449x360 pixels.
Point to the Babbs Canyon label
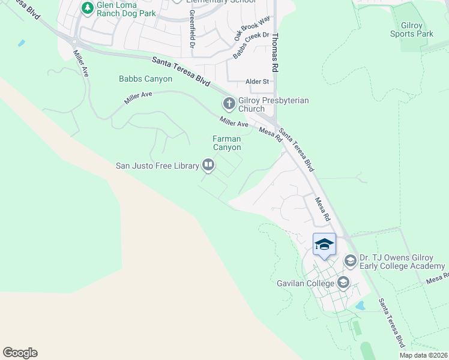click(145, 79)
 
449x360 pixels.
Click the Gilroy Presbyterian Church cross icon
click(229, 104)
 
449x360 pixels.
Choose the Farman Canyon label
click(227, 143)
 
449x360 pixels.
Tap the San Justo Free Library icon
click(208, 164)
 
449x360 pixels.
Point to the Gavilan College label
click(306, 283)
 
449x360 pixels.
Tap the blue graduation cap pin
click(324, 245)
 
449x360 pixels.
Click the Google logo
click(20, 353)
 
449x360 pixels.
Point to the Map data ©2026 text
click(423, 355)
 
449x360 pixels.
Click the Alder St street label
click(259, 82)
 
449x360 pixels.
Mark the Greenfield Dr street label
click(192, 28)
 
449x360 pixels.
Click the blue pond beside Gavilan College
click(361, 305)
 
